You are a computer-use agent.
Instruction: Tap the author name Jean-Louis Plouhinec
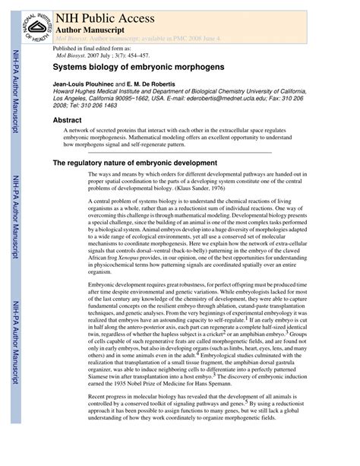pyautogui.click(x=81, y=84)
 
